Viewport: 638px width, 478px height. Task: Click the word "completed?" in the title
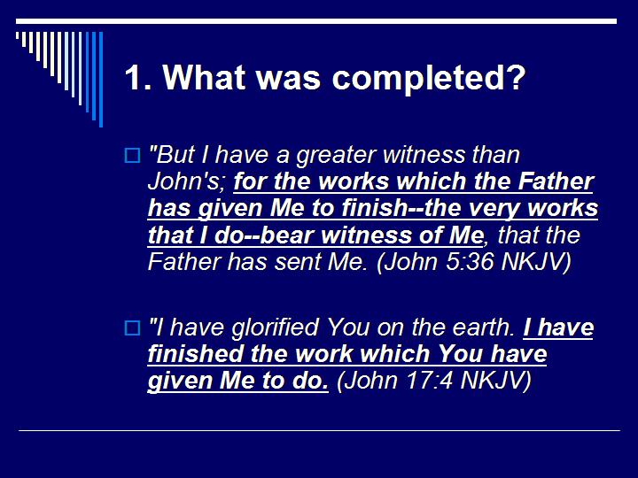tap(429, 79)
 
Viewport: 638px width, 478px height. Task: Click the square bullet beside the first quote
tap(131, 157)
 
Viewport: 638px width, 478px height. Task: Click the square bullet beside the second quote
tap(131, 328)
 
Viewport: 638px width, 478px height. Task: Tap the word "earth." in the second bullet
tap(483, 328)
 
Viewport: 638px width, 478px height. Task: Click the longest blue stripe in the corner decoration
tap(100, 80)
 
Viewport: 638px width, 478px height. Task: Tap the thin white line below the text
tap(319, 431)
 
